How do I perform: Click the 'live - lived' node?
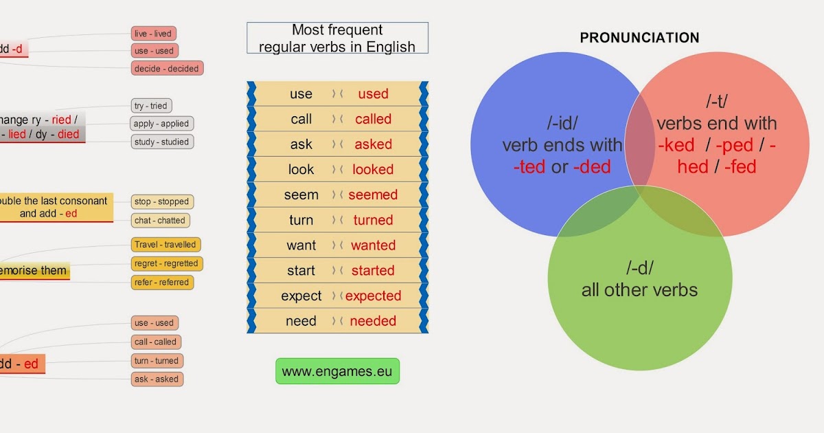coord(154,34)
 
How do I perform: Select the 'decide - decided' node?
coord(167,69)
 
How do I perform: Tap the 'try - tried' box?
coord(150,106)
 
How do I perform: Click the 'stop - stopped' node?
coord(162,202)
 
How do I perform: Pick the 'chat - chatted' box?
coord(160,221)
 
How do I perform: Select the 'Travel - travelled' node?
coord(165,245)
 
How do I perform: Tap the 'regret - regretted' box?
coord(166,263)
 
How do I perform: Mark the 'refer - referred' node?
coord(162,282)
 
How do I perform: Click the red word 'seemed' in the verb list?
coord(373,195)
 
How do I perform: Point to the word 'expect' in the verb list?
coord(301,296)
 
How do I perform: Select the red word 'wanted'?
coord(373,245)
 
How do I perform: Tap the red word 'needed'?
coord(373,322)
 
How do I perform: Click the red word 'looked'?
coord(373,170)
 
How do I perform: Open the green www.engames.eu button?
coord(337,372)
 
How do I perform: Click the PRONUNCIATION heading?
coord(639,38)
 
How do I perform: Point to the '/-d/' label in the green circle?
coord(639,268)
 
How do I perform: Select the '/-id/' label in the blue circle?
coord(562,124)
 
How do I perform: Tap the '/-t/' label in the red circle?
coord(716,102)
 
